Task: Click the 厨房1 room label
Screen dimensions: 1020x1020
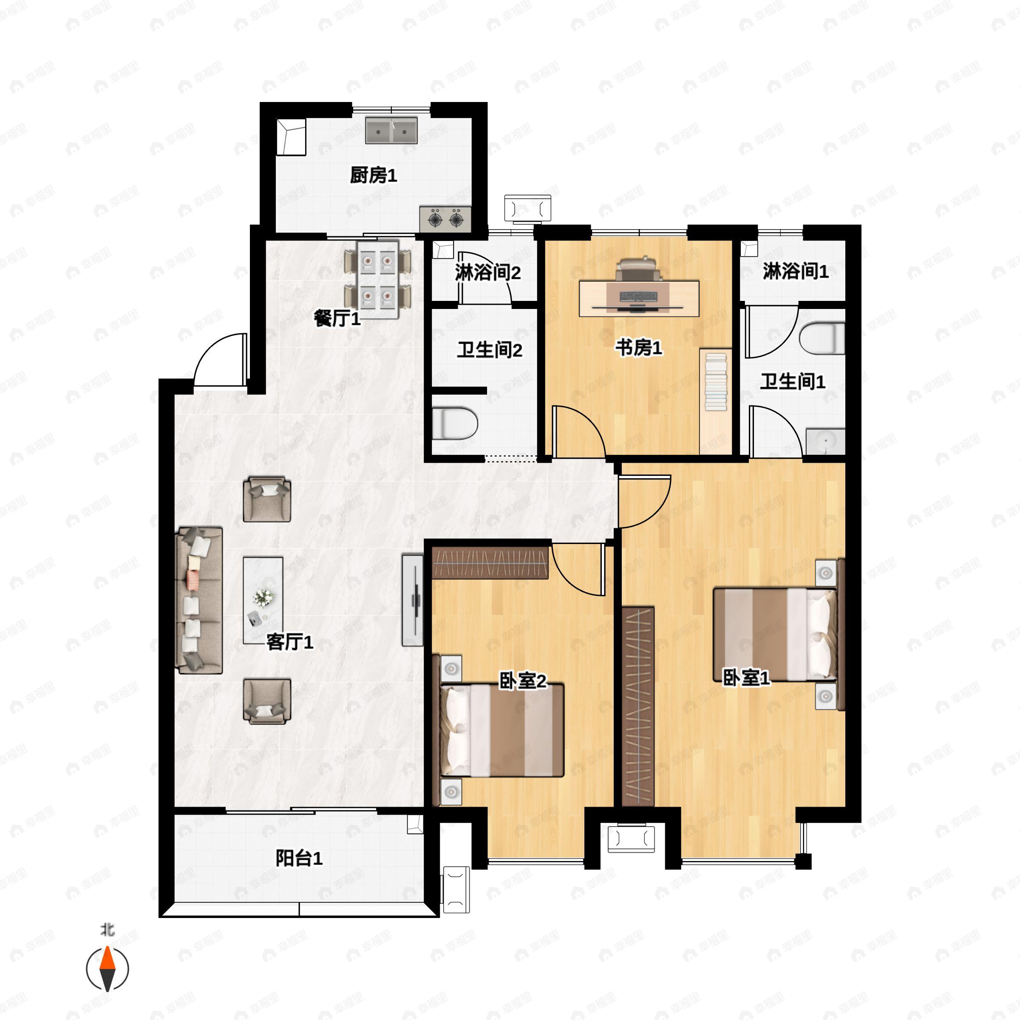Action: (373, 175)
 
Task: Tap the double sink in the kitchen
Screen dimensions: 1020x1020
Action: (391, 130)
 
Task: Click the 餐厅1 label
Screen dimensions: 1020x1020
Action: (337, 318)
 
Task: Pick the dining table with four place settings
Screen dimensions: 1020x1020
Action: (377, 279)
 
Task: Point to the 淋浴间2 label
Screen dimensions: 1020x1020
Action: (487, 272)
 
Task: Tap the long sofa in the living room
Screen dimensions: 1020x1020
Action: (199, 600)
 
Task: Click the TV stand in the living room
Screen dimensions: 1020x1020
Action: (412, 600)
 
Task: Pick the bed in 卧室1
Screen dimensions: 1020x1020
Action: (774, 634)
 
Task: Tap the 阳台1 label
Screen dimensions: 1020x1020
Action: (299, 858)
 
